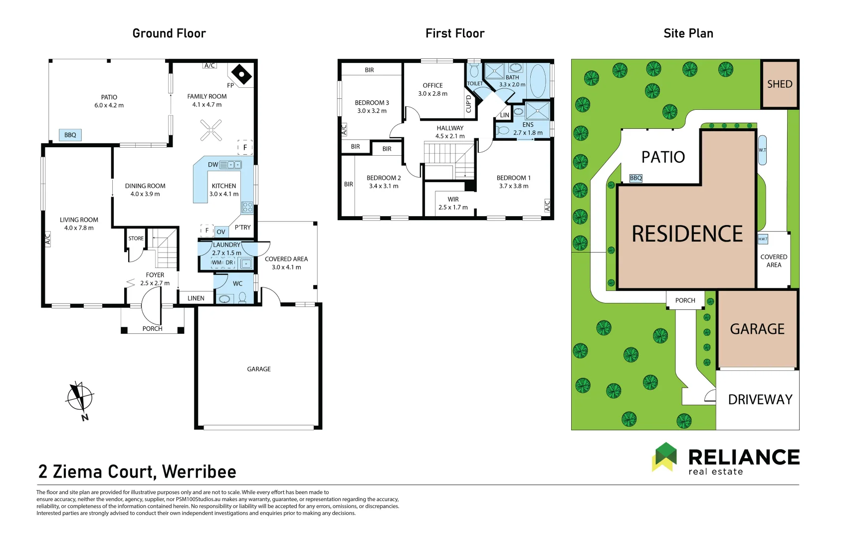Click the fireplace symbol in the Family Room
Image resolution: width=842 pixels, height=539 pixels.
click(x=241, y=74)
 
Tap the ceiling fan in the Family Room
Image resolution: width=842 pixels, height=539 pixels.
click(x=211, y=130)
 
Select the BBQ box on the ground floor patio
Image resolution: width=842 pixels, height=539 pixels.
click(x=70, y=135)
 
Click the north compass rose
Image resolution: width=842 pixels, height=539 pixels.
click(x=80, y=399)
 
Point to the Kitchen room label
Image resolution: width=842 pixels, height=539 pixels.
click(x=223, y=190)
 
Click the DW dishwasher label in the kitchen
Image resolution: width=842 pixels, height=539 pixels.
click(x=213, y=164)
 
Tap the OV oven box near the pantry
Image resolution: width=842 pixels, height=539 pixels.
click(x=221, y=232)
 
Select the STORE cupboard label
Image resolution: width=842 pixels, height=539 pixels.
click(x=136, y=238)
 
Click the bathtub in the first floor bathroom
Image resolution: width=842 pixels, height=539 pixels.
click(x=538, y=80)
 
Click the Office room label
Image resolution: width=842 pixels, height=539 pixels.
click(x=432, y=89)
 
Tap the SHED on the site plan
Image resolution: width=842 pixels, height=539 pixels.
click(x=780, y=84)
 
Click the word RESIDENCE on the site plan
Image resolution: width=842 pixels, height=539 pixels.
click(x=687, y=234)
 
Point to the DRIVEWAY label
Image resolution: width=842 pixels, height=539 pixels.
click(x=760, y=399)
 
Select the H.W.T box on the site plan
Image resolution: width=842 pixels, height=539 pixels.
click(x=763, y=239)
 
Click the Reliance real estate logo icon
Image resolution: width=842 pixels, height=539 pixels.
click(x=664, y=457)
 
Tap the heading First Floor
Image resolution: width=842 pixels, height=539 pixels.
click(x=455, y=33)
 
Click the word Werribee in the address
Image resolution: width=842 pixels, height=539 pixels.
click(x=199, y=472)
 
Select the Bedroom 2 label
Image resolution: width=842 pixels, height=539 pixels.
click(x=384, y=182)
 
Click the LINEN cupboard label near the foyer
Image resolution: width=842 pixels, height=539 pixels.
click(x=196, y=298)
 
